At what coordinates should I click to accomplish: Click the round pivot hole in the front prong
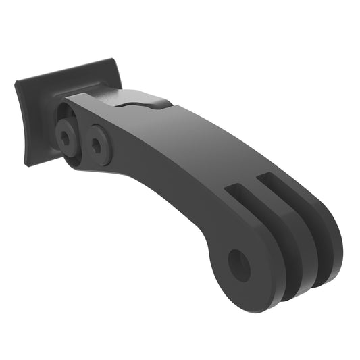(238, 265)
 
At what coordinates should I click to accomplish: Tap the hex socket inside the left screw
(64, 138)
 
